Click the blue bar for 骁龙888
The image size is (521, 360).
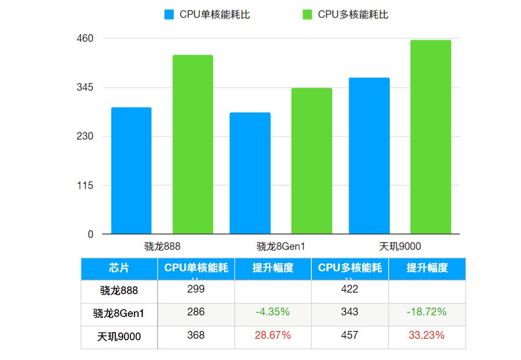pos(131,171)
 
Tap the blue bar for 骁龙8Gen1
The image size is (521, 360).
pos(250,173)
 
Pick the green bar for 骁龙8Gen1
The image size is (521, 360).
pos(311,161)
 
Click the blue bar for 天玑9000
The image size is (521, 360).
pos(369,156)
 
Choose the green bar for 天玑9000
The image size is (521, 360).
pos(430,137)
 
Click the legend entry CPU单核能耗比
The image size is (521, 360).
pos(208,15)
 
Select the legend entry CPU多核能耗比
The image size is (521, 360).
pos(346,15)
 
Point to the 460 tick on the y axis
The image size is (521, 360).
pos(85,38)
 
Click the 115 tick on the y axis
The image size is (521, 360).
pos(85,185)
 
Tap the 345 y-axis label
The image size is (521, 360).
pos(85,87)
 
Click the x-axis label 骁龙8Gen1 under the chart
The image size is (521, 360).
pos(281,246)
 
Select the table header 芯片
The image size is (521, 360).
pos(119,268)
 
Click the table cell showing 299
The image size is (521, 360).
pos(196,289)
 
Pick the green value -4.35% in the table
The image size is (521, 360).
pos(272,312)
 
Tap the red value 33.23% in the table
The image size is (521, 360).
pos(427,336)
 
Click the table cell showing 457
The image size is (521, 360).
pos(350,336)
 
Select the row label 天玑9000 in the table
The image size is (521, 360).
pos(119,337)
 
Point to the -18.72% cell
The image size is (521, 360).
pos(427,312)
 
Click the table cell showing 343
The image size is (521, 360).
pos(350,312)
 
